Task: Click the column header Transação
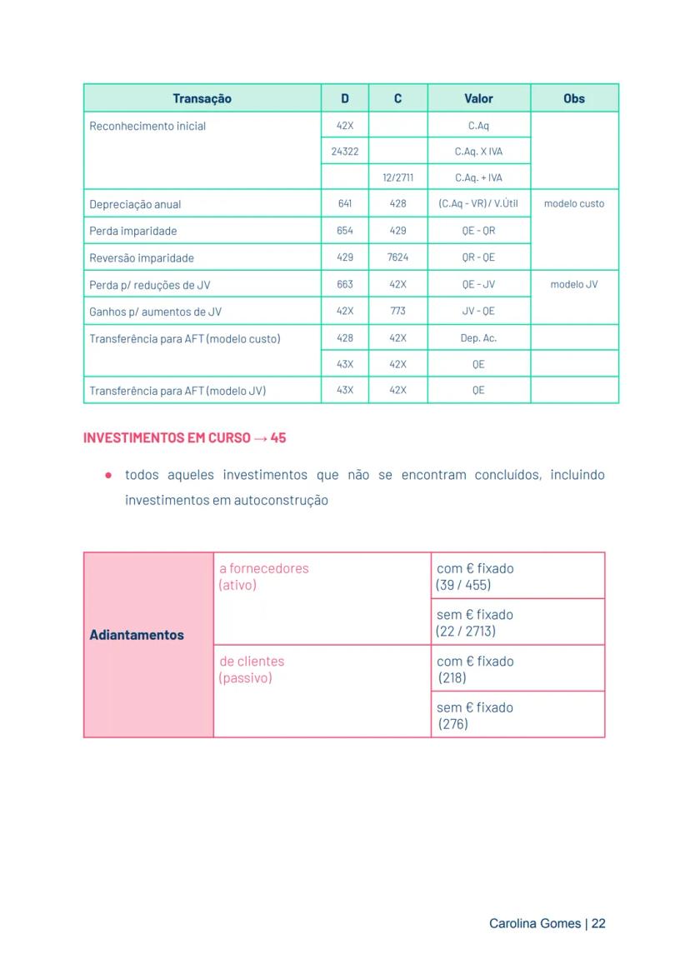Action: [202, 98]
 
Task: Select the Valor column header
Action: [478, 98]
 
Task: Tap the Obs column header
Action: [574, 98]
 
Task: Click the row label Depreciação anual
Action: [135, 204]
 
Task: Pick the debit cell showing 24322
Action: [345, 152]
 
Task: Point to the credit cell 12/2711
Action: [397, 177]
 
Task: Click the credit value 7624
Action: [397, 257]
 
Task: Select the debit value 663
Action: [345, 284]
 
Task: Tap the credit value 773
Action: [397, 311]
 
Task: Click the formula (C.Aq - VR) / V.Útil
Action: [478, 204]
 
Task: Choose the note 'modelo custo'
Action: [574, 203]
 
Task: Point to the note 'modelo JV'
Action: [574, 284]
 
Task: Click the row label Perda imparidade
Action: [133, 231]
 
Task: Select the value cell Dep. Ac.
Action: [478, 338]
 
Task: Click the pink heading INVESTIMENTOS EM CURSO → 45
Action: [185, 437]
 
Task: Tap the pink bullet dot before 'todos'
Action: [108, 475]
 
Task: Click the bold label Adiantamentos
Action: [137, 635]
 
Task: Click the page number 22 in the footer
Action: [598, 923]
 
